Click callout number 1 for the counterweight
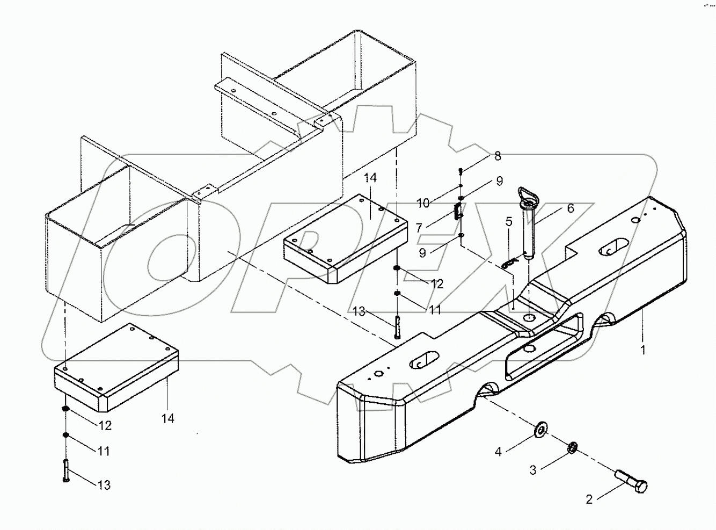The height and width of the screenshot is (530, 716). point(642,350)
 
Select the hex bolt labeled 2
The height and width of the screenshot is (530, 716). point(632,482)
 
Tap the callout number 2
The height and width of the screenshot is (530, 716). point(589,499)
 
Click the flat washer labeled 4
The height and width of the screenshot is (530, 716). point(540,429)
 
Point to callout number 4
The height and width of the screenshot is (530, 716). point(498,452)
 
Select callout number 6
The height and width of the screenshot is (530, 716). point(570,208)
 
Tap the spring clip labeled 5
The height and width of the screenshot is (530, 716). point(510,263)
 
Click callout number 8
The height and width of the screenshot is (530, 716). point(498,156)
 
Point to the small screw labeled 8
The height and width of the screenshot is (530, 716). point(461,171)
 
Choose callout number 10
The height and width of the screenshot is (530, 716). point(423,203)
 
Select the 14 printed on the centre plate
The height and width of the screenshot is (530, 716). point(370,178)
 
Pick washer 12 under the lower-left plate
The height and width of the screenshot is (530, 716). point(65,410)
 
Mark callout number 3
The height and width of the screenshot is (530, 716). point(532,470)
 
